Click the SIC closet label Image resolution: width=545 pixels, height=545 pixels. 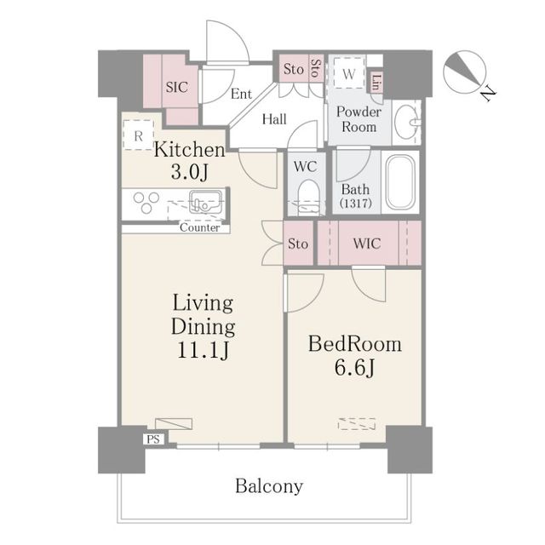click(176, 87)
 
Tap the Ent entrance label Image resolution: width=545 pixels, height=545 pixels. click(241, 93)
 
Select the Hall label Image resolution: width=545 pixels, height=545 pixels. click(274, 120)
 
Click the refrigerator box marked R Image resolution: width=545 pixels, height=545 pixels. click(137, 135)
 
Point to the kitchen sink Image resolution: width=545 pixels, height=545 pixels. click(205, 203)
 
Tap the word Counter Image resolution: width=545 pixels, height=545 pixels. click(200, 227)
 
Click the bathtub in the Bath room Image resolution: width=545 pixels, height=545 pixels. click(399, 182)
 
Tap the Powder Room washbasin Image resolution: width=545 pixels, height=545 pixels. click(407, 122)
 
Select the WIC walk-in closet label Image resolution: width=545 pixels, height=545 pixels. click(367, 244)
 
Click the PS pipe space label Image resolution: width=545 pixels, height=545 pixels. click(154, 439)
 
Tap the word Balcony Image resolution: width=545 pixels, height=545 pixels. click(269, 487)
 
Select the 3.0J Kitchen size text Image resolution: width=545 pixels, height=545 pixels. click(188, 173)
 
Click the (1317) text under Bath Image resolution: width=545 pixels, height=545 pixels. click(354, 204)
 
